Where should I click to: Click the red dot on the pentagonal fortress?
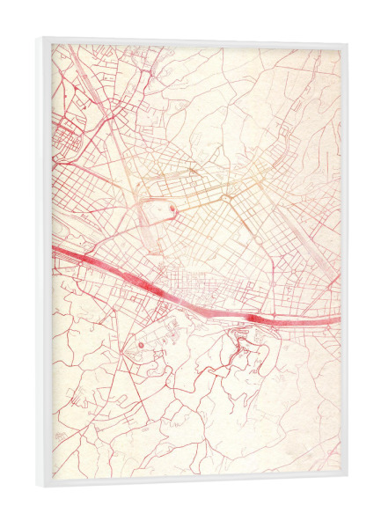coord(173,210)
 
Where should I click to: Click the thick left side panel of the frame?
coord(45,264)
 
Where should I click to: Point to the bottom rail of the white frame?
coord(194,482)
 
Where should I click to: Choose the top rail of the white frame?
coord(194,41)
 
